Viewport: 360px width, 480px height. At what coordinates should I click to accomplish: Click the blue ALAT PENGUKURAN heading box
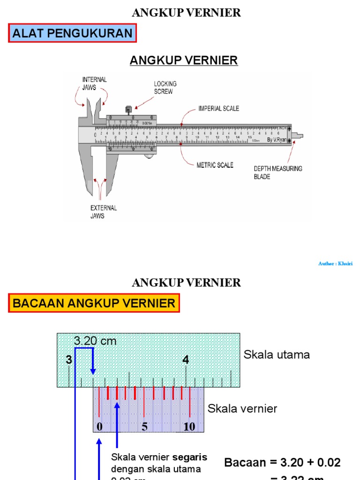pyautogui.click(x=72, y=33)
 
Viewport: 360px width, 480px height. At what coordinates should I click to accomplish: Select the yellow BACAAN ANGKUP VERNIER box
pyautogui.click(x=94, y=303)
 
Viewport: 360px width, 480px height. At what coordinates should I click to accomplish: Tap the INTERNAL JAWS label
pyautogui.click(x=95, y=83)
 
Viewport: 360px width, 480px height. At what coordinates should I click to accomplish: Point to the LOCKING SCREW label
pyautogui.click(x=165, y=88)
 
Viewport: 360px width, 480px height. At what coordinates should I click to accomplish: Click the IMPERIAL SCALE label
pyautogui.click(x=218, y=108)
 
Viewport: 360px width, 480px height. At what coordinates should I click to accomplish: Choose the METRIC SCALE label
pyautogui.click(x=215, y=165)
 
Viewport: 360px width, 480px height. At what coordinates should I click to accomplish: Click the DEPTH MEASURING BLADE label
pyautogui.click(x=278, y=172)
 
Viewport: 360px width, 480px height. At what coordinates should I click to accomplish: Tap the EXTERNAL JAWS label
pyautogui.click(x=104, y=212)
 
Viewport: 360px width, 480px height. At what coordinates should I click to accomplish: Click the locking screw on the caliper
pyautogui.click(x=128, y=110)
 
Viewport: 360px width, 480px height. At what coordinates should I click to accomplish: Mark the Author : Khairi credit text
pyautogui.click(x=335, y=264)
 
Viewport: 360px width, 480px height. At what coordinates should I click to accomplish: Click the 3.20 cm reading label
pyautogui.click(x=95, y=341)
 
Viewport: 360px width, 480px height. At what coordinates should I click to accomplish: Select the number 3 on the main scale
pyautogui.click(x=69, y=360)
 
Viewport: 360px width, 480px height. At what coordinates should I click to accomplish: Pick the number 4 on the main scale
pyautogui.click(x=186, y=360)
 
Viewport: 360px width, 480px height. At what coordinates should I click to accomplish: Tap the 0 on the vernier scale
pyautogui.click(x=99, y=427)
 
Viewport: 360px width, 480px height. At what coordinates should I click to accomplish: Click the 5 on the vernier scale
pyautogui.click(x=144, y=427)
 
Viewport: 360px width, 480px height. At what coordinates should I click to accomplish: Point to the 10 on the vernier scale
pyautogui.click(x=189, y=427)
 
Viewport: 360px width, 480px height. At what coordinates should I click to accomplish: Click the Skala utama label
pyautogui.click(x=277, y=355)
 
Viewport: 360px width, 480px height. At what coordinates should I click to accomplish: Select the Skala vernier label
pyautogui.click(x=242, y=408)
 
